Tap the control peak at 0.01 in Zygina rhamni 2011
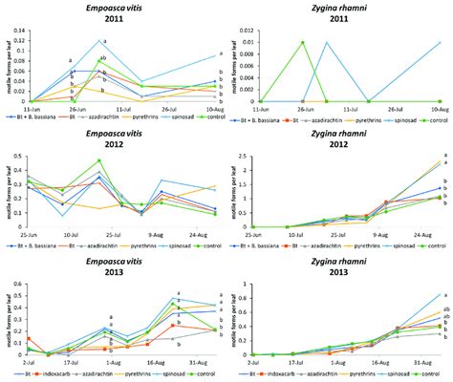pos(302,42)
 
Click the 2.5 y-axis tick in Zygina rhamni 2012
pos(250,155)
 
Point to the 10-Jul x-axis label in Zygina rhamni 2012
pos(287,235)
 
